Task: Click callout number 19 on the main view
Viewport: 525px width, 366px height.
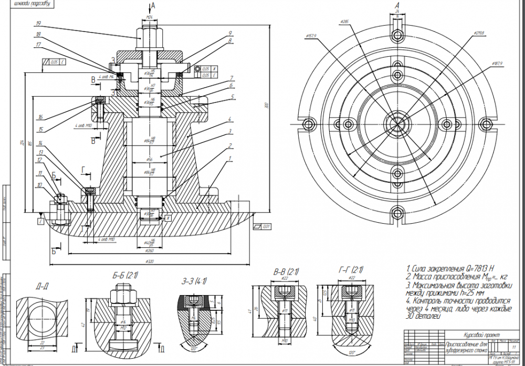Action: (x=38, y=24)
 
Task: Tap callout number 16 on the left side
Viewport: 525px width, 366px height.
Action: (x=39, y=117)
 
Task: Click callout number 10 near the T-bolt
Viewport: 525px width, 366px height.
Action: (x=39, y=184)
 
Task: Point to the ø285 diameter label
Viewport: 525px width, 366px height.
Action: (x=345, y=22)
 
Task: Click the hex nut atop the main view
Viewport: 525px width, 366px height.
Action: (x=150, y=35)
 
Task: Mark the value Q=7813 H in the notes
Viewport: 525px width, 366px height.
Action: (x=474, y=269)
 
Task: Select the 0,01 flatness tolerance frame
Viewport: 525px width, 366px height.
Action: (x=262, y=227)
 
